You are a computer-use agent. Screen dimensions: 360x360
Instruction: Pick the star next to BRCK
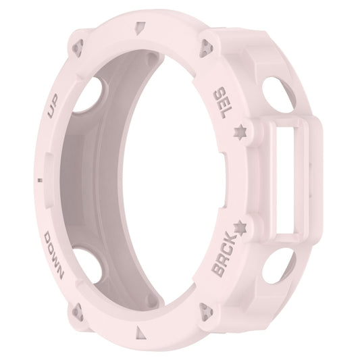(x=241, y=226)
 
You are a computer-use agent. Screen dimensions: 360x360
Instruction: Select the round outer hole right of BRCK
(x=276, y=266)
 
